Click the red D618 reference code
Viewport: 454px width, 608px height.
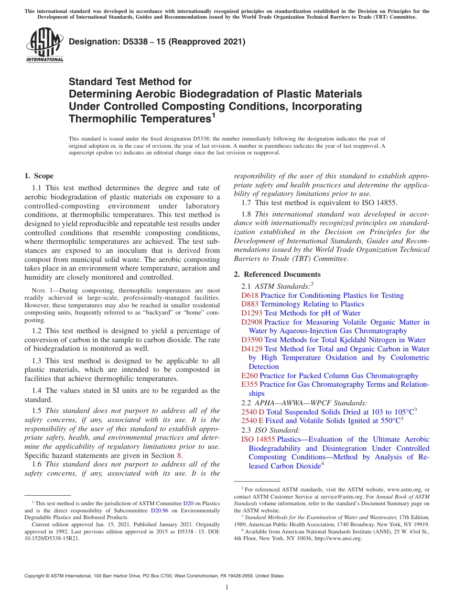pyautogui.click(x=249, y=295)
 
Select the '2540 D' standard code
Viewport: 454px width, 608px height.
pyautogui.click(x=253, y=412)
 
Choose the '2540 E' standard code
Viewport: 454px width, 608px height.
pyautogui.click(x=252, y=421)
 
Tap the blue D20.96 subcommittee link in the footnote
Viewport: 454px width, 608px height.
pyautogui.click(x=157, y=510)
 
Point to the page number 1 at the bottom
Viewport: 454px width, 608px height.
pyautogui.click(x=227, y=587)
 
